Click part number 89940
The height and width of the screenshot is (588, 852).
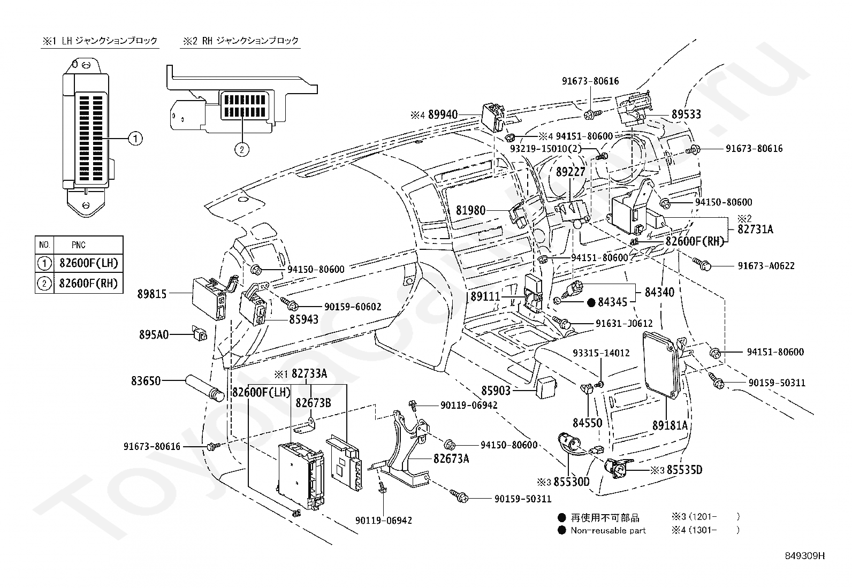(443, 114)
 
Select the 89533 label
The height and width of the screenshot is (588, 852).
(686, 114)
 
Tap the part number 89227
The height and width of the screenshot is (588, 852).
(570, 172)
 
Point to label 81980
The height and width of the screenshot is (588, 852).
(471, 210)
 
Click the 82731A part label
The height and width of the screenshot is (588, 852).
(755, 230)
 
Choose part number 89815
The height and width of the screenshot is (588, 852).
(152, 294)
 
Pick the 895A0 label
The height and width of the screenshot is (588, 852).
(154, 335)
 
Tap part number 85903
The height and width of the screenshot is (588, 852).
(496, 391)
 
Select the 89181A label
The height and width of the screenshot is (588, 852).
(670, 425)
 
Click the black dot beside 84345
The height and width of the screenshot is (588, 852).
(591, 303)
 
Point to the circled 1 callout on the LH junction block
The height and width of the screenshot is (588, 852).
(135, 139)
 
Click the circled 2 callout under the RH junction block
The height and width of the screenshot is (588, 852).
(242, 149)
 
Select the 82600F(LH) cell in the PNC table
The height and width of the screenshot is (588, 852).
(89, 263)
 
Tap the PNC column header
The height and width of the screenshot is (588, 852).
(78, 245)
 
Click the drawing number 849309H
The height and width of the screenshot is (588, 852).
(805, 556)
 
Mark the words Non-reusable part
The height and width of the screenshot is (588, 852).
(608, 531)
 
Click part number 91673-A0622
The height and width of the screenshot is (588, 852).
(766, 266)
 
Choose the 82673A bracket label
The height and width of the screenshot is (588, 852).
(451, 459)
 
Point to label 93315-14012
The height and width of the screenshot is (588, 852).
(602, 353)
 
